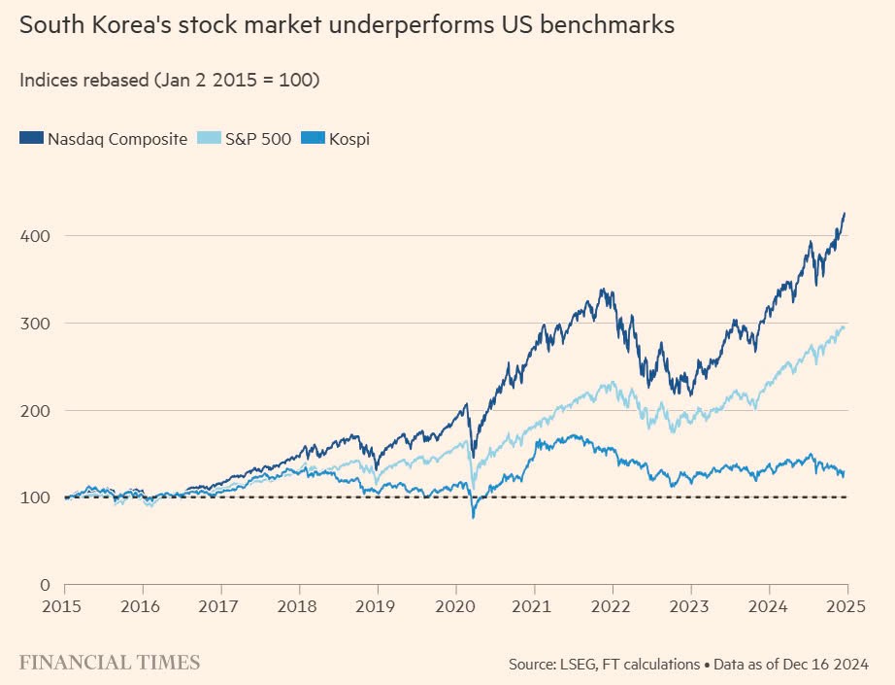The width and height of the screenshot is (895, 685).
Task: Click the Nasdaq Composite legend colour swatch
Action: tap(31, 139)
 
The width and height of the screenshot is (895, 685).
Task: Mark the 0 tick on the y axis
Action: tap(45, 585)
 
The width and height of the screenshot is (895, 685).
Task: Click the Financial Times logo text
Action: tap(110, 663)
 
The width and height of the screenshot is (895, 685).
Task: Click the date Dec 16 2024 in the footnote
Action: tap(828, 666)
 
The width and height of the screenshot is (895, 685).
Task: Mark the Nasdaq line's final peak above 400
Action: tap(845, 213)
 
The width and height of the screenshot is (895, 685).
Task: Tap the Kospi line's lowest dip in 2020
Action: tap(473, 517)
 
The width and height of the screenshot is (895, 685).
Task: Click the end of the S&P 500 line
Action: tap(844, 326)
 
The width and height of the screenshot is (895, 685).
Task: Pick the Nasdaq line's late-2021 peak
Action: tap(604, 289)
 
